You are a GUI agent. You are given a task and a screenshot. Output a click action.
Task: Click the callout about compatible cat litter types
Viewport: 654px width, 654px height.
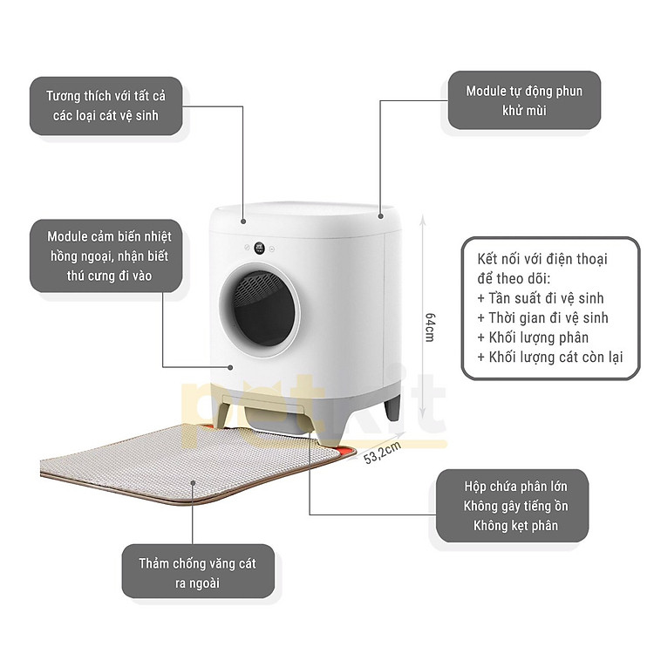[106, 105]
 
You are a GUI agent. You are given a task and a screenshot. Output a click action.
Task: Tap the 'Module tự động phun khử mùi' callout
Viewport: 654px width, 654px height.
[523, 100]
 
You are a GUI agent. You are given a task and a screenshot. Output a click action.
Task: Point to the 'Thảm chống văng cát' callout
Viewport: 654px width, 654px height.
[197, 572]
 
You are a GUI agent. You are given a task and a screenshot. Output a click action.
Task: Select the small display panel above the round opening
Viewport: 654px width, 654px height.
[262, 248]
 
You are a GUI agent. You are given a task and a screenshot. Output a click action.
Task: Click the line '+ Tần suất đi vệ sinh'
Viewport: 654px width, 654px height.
[541, 297]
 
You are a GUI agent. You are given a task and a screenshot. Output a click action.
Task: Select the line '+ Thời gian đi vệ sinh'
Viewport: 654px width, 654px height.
[542, 317]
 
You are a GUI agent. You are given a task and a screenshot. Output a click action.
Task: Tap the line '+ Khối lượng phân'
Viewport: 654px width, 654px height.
[533, 337]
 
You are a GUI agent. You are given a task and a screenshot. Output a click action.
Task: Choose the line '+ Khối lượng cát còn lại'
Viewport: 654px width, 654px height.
[550, 358]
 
